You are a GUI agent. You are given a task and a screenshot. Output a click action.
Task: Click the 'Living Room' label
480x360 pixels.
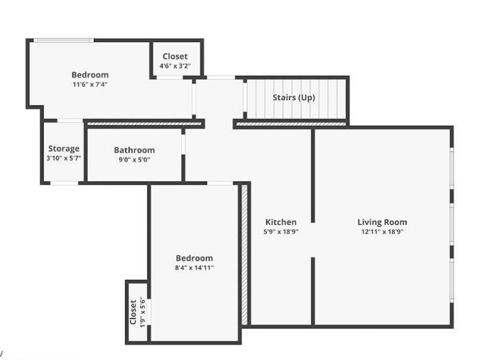coord(382,223)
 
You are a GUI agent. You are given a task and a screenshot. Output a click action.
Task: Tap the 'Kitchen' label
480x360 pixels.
coord(281,223)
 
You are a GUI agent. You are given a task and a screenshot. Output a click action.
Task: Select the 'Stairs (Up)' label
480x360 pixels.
coord(293,97)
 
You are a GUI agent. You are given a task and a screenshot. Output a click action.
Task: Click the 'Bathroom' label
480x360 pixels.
coord(134,151)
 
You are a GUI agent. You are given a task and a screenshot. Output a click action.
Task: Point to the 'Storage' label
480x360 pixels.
coord(64,149)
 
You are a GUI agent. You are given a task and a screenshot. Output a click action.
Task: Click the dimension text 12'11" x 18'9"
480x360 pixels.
coord(382,232)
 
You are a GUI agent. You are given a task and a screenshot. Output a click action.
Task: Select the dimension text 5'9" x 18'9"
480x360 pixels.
coord(281,232)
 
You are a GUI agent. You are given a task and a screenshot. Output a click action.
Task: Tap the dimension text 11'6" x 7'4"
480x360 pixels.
coord(90,85)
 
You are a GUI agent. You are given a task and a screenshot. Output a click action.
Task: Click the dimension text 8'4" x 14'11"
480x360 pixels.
coord(194,268)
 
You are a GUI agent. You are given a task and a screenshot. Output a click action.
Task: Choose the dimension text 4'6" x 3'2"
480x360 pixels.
coord(175,66)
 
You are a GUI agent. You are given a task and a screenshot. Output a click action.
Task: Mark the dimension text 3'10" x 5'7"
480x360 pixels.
coord(64,158)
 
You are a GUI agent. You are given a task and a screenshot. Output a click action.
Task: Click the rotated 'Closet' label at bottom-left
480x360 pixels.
coord(133,312)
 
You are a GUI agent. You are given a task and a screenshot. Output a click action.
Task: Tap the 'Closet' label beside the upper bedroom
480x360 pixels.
coord(175,57)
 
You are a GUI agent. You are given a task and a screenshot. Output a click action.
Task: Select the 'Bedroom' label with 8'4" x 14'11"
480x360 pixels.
coord(194,259)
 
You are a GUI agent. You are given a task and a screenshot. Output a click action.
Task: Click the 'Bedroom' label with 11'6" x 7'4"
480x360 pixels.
coord(90,75)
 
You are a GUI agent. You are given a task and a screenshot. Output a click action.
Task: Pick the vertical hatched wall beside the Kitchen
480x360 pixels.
coord(245,254)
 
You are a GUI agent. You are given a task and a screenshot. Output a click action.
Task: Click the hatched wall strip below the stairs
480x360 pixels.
coord(292,124)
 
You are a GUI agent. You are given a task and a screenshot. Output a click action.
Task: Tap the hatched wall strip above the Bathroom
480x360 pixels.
coord(144,123)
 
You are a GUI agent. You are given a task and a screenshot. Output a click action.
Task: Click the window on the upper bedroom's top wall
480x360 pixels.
coord(63,41)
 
